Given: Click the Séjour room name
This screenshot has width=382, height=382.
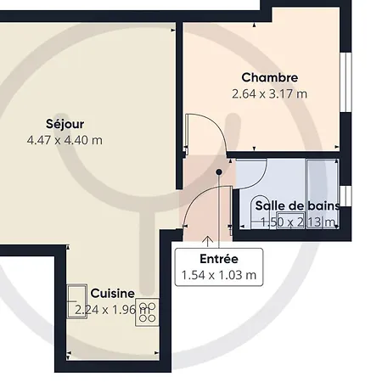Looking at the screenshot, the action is click(x=65, y=124).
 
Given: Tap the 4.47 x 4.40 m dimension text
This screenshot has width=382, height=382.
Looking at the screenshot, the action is click(x=65, y=140).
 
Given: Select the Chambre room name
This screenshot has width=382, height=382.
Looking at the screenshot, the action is click(x=270, y=77).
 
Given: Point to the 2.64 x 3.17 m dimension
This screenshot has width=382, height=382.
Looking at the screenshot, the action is click(x=270, y=93).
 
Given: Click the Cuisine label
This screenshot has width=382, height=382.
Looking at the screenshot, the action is click(x=113, y=294).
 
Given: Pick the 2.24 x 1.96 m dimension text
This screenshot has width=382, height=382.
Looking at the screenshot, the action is click(x=112, y=310).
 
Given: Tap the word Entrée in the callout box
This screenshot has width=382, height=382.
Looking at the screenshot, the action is click(x=219, y=259).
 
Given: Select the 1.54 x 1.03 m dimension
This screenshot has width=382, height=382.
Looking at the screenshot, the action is click(x=219, y=275).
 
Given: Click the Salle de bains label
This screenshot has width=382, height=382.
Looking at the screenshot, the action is click(x=297, y=205).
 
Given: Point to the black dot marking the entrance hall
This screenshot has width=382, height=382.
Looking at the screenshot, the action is click(x=219, y=171).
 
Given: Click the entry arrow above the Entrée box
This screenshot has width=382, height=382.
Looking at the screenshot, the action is click(x=208, y=241).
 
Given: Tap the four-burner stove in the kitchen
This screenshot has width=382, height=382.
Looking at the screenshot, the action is click(x=147, y=312).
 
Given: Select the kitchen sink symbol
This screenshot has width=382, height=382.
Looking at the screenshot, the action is click(x=77, y=301).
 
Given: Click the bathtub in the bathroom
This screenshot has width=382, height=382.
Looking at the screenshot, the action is click(x=323, y=194).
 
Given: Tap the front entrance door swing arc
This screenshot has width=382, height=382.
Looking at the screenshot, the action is click(x=196, y=197).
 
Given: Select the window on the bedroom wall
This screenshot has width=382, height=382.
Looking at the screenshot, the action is click(x=345, y=82).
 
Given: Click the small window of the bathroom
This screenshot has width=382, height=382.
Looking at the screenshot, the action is click(x=345, y=196).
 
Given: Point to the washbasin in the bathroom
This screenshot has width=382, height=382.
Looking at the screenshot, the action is click(x=260, y=211).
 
